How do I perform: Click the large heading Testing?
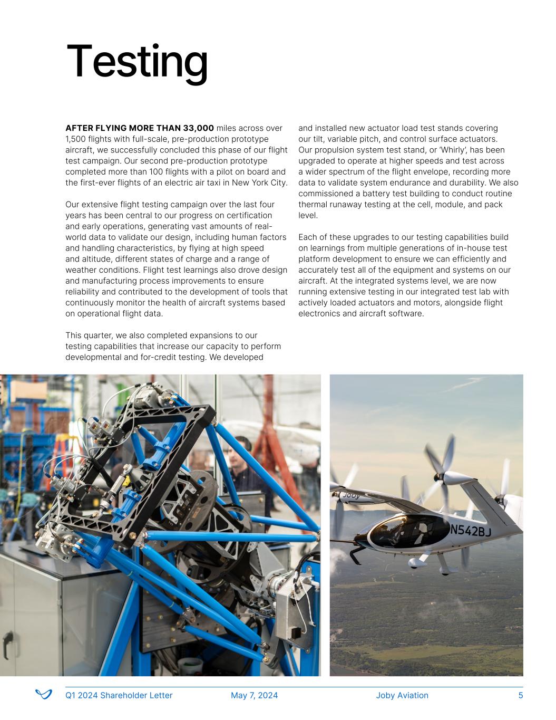pyautogui.click(x=137, y=62)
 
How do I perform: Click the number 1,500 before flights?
pyautogui.click(x=75, y=139)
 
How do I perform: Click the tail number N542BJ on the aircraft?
pyautogui.click(x=470, y=530)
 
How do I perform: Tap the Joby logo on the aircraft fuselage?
pyautogui.click(x=351, y=496)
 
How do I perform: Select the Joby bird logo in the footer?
pyautogui.click(x=44, y=695)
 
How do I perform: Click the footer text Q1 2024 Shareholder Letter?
pyautogui.click(x=119, y=695)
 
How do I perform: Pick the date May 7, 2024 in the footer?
pyautogui.click(x=254, y=695)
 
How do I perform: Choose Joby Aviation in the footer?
pyautogui.click(x=402, y=695)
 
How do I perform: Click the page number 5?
pyautogui.click(x=521, y=695)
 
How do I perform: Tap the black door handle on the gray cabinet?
pyautogui.click(x=7, y=645)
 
